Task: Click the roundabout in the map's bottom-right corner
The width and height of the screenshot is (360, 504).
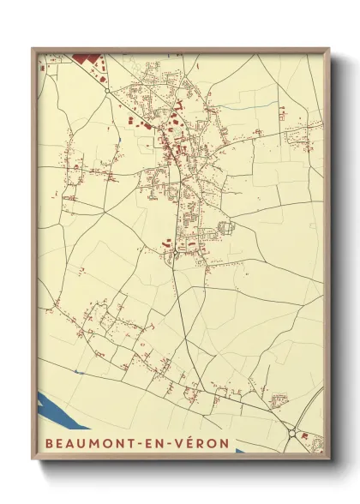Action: [292, 433]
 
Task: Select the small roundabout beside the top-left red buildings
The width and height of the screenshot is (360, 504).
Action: [107, 90]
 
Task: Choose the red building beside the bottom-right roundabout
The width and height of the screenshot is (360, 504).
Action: [304, 436]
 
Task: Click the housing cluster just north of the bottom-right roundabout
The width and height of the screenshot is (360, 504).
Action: [278, 400]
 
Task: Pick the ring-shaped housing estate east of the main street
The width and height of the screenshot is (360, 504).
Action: [225, 228]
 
